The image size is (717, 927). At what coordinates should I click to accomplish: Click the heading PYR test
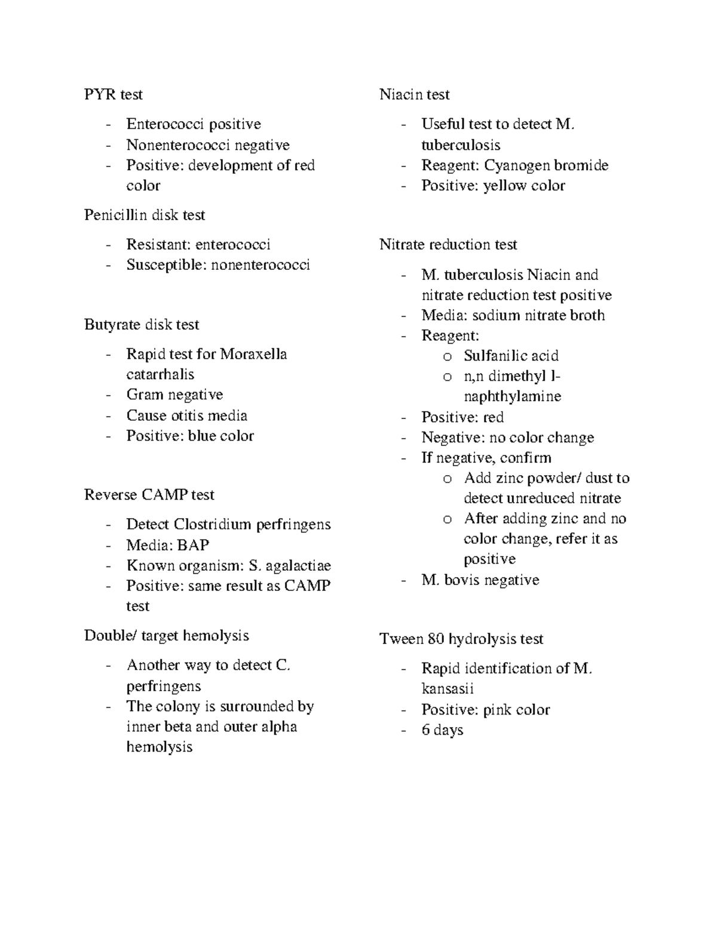coord(114,95)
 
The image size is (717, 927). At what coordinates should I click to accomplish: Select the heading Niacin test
coord(414,95)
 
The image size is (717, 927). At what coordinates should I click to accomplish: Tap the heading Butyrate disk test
coord(142,325)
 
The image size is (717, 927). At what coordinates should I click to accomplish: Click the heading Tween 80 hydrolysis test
coord(461,639)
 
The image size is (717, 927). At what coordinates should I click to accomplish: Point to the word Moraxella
coord(253,355)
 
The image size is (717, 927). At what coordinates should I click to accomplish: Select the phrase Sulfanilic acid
coord(511,356)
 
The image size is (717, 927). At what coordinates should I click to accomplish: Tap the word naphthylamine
coord(512,396)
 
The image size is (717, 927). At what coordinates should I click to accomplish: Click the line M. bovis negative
coord(480,580)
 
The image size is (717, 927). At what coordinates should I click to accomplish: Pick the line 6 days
coord(442,730)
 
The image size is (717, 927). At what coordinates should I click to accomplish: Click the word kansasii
coord(447,689)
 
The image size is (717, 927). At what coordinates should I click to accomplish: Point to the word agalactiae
coord(298,566)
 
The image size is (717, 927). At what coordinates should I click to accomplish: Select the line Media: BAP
coord(167,545)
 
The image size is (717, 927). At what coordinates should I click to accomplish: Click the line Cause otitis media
coord(186,415)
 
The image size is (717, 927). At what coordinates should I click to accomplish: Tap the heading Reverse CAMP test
coord(149,495)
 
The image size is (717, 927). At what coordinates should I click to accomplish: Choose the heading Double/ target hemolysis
coord(166,636)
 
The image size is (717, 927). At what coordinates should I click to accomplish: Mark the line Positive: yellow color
coord(493,186)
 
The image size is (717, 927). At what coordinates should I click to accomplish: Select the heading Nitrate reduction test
coord(448,245)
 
